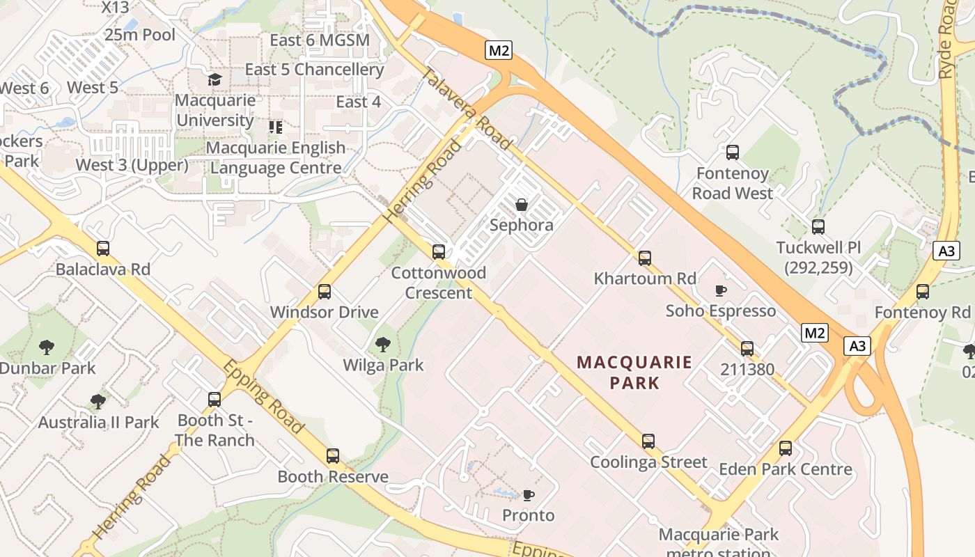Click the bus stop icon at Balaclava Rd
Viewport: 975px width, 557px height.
pos(103,248)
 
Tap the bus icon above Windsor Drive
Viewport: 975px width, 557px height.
pos(325,292)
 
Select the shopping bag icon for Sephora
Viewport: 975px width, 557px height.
pos(521,205)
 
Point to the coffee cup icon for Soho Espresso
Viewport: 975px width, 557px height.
pos(721,290)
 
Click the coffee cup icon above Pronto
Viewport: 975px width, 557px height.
pos(529,495)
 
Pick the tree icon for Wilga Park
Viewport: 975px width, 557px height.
pos(382,344)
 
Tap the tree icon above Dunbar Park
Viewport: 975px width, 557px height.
pos(47,347)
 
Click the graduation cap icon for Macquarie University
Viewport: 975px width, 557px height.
pos(214,79)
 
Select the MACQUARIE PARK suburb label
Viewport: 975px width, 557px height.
pos(634,372)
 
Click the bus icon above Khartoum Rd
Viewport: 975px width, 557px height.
pos(645,258)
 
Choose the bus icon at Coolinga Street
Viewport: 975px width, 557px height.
pos(648,441)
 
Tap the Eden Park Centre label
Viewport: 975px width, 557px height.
pos(786,469)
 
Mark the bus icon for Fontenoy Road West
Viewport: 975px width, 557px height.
pos(732,152)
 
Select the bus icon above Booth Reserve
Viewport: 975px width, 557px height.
pos(333,456)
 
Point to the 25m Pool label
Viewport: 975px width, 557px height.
pos(140,34)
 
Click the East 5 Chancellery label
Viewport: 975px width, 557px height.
pos(314,70)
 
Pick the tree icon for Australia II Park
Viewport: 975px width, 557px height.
pos(98,401)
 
